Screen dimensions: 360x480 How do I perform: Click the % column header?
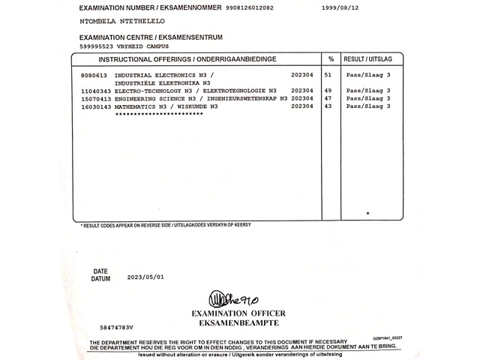click(x=331, y=58)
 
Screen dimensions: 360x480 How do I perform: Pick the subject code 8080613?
click(x=94, y=76)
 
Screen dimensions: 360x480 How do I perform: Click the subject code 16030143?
click(x=96, y=106)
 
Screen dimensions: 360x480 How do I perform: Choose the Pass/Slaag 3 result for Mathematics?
click(x=368, y=106)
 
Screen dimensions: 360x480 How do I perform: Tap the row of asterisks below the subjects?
click(x=156, y=114)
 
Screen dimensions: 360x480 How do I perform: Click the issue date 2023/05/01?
click(x=145, y=277)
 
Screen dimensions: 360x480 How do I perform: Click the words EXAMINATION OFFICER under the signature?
click(x=239, y=313)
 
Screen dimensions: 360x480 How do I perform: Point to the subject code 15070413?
click(x=96, y=98)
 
